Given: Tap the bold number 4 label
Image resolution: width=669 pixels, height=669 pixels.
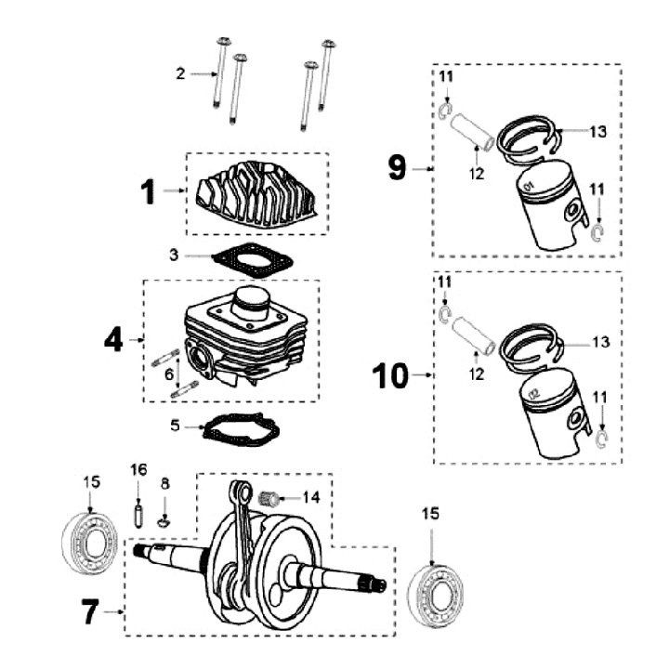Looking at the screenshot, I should (113, 340).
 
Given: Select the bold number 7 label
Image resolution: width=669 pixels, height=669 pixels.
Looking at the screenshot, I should (90, 613).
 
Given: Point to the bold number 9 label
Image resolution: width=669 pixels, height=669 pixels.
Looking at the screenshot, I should (397, 168).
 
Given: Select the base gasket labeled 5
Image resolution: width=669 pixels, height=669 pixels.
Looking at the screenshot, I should (241, 430).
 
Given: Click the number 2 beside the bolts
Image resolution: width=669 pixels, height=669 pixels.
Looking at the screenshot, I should (181, 73).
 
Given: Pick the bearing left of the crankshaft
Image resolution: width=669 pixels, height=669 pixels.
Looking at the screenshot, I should (88, 542).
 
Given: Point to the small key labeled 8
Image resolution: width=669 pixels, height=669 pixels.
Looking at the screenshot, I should (164, 521).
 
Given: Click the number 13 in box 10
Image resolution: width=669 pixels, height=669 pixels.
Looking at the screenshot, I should (599, 343).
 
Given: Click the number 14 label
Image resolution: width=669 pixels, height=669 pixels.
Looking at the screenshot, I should (310, 497).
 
